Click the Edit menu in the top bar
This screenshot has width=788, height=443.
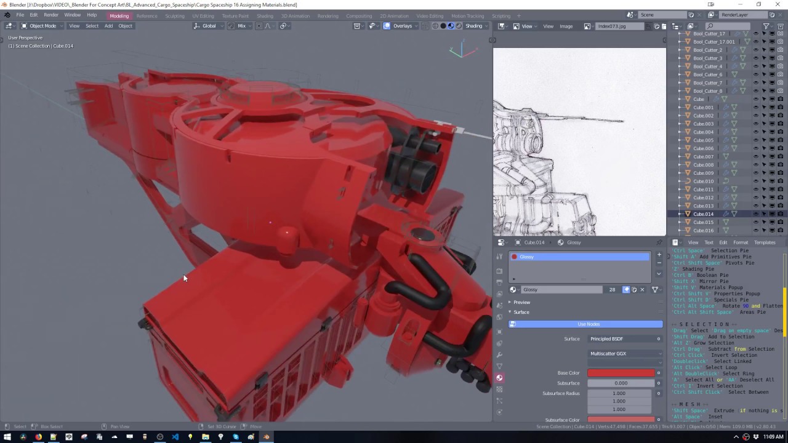coord(34,15)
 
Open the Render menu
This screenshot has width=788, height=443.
coord(51,15)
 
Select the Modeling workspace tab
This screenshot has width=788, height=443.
coord(119,15)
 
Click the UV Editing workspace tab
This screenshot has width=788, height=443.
coord(203,15)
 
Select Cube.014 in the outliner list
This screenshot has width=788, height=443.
coord(703,214)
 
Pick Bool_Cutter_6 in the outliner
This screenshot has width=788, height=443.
coord(707,74)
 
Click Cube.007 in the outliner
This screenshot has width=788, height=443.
coord(703,156)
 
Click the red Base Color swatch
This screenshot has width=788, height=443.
coord(621,373)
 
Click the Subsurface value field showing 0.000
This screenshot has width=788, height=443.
coord(621,383)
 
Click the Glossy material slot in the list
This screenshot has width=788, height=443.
coord(579,257)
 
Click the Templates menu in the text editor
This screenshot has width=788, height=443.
coord(765,242)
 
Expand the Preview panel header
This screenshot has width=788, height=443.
coord(521,302)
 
